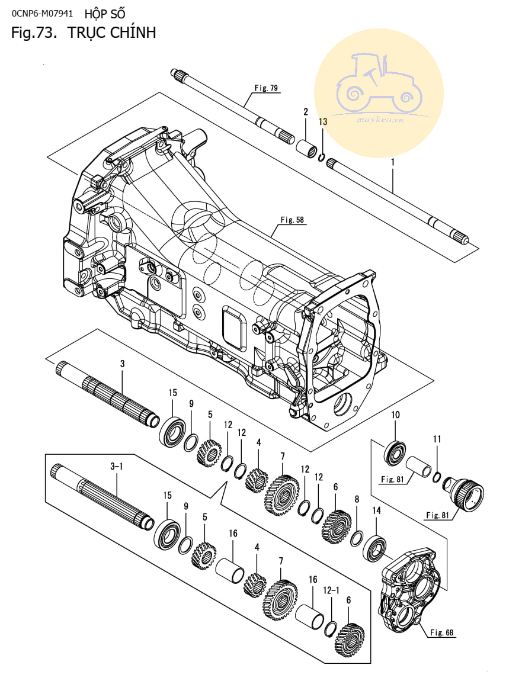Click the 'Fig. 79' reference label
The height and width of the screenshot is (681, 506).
point(266,88)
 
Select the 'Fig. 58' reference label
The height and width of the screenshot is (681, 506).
point(292,220)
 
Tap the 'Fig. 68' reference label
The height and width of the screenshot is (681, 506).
point(441,632)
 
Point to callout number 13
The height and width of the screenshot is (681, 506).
point(322,121)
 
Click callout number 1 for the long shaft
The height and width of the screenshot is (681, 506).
point(393,162)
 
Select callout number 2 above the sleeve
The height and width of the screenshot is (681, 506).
point(306,111)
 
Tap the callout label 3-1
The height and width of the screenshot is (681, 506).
point(117,467)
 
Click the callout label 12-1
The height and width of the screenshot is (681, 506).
point(331,590)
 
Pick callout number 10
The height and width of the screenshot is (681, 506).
point(395,415)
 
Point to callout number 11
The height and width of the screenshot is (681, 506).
point(437,439)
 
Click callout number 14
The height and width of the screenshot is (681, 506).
point(376,510)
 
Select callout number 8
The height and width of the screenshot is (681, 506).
point(357,499)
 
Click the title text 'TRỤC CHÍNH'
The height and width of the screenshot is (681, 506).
point(112,33)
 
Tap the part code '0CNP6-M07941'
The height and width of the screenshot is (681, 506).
point(42,14)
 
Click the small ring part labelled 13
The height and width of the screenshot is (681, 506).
point(322,157)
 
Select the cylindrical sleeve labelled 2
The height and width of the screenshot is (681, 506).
point(307,147)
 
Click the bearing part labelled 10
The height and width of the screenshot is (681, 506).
point(395,452)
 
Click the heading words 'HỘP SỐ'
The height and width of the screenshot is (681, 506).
point(105,14)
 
